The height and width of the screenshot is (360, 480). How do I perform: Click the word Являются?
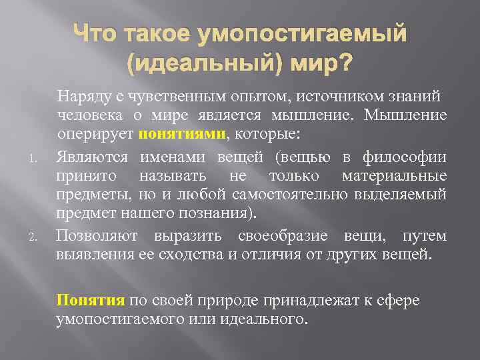[x=93, y=157]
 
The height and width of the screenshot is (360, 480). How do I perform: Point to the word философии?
[x=414, y=157]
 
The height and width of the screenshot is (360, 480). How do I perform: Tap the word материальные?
[x=394, y=176]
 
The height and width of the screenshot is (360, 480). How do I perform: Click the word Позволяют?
[x=99, y=236]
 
